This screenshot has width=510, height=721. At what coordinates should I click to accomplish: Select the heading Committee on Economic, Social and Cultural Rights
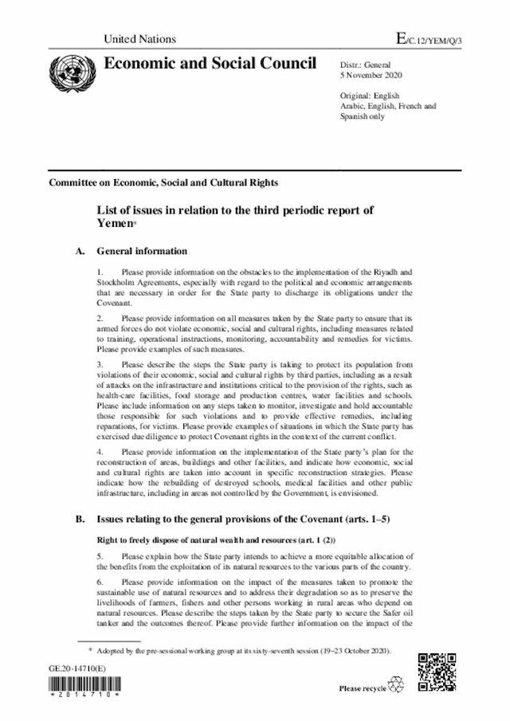tap(163, 182)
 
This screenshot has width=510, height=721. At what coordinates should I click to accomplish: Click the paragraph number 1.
tap(100, 272)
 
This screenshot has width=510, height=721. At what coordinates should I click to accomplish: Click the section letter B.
tap(80, 519)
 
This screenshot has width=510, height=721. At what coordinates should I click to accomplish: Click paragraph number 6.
tap(100, 582)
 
